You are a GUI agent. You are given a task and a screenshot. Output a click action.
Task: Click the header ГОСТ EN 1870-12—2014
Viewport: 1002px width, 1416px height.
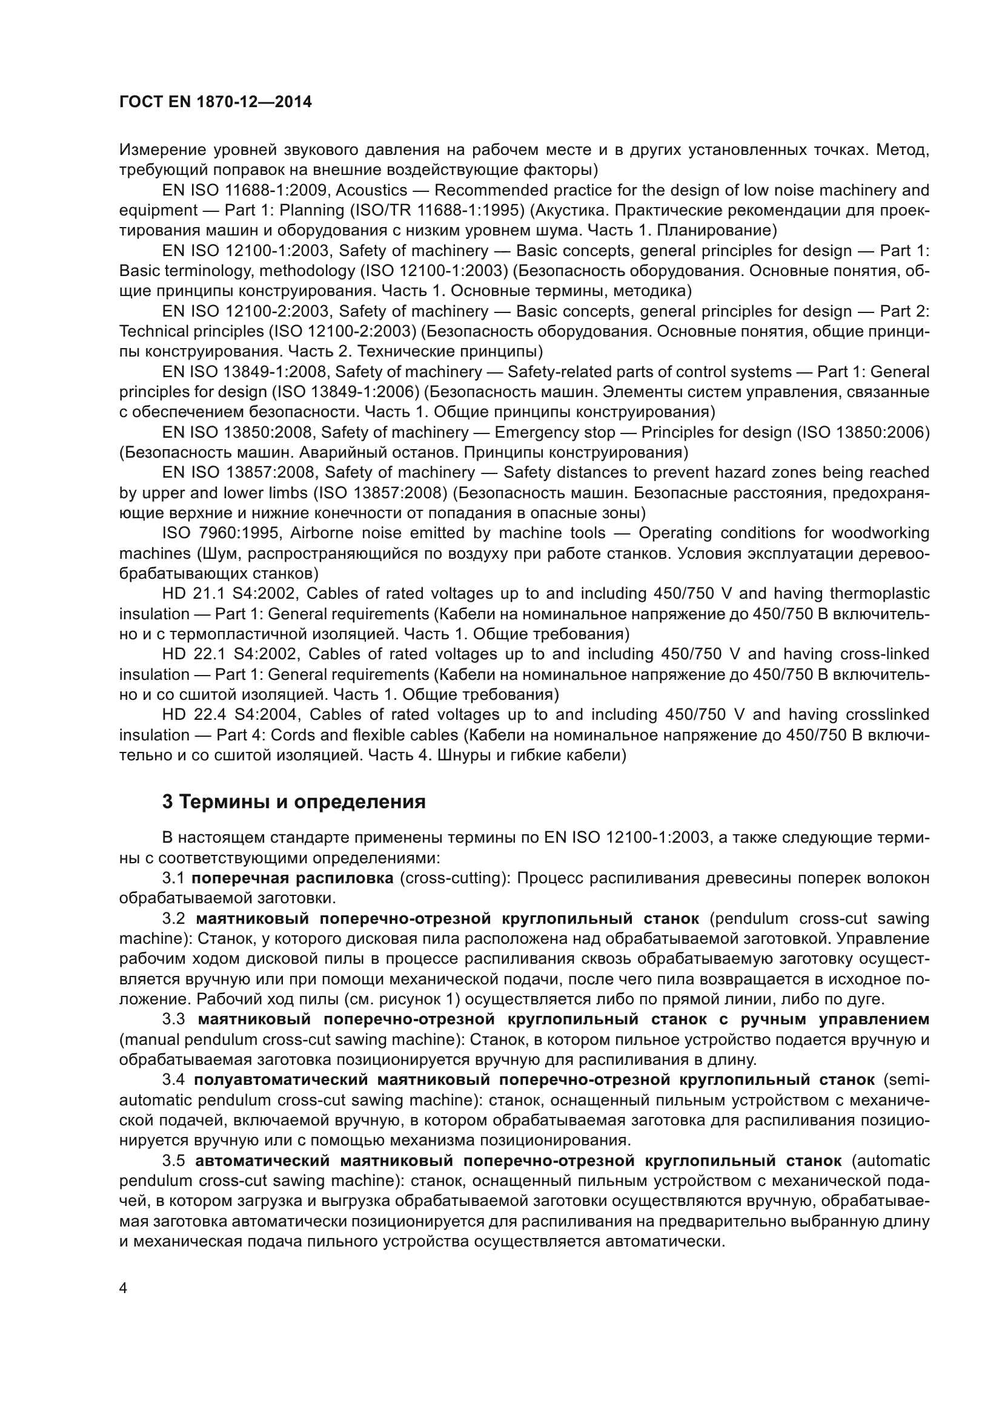click(215, 102)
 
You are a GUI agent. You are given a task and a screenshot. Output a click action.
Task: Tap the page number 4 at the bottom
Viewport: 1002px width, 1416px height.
click(124, 1288)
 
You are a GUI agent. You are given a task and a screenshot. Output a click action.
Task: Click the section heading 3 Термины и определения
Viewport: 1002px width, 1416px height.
click(294, 802)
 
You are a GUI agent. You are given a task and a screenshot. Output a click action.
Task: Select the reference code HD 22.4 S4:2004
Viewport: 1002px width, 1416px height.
click(231, 714)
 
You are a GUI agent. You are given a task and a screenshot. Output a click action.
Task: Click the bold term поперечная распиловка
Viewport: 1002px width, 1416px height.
click(293, 878)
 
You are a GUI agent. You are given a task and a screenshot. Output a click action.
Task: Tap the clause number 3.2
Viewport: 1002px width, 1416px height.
click(173, 918)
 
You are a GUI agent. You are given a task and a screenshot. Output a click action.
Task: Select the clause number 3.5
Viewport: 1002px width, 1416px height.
click(173, 1161)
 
